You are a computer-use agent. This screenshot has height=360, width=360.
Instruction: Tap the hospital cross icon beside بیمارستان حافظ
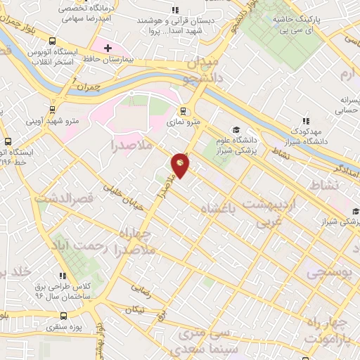point(107,49)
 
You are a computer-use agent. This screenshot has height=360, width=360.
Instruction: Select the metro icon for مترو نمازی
point(184,110)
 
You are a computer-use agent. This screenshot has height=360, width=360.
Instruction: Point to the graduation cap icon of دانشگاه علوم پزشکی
point(237,130)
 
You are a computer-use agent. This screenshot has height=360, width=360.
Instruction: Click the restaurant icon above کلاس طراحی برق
point(63,276)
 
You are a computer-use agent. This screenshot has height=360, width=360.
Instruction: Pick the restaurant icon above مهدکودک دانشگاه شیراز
point(305,120)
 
